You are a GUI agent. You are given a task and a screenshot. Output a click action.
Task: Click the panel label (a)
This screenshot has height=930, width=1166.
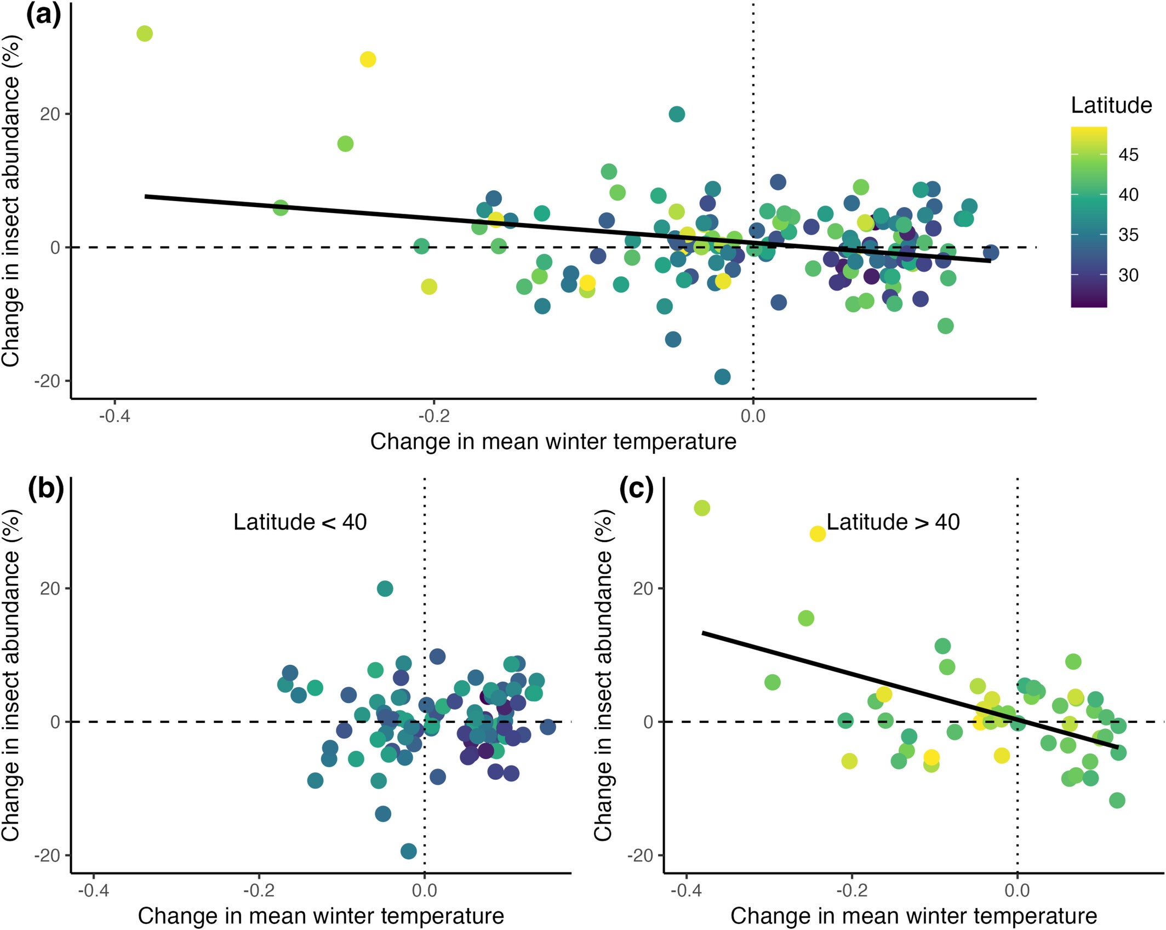coord(43,15)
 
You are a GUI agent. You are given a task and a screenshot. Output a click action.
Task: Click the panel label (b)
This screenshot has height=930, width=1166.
coord(46,488)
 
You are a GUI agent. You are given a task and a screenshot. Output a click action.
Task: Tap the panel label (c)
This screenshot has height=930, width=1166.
coord(637,488)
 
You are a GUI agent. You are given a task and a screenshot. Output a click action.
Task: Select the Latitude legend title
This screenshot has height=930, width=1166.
coord(1111,105)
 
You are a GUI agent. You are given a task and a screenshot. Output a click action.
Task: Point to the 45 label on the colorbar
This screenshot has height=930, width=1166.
coord(1128,155)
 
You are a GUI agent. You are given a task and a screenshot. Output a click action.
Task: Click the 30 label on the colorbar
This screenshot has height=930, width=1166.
coord(1128,275)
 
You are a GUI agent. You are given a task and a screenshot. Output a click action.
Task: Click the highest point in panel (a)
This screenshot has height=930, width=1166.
coord(144,33)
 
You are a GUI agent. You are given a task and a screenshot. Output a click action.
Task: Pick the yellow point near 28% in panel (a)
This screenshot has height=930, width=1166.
coord(368,59)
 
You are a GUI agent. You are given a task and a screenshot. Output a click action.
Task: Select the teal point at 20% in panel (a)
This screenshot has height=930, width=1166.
coord(677,114)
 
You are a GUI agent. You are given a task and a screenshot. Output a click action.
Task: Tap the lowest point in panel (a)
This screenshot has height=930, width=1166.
coord(722,376)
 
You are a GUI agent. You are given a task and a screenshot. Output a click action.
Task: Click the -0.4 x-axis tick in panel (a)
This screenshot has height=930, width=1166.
coord(115,416)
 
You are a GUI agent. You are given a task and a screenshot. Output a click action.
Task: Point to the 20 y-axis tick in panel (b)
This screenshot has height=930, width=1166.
coord(50,589)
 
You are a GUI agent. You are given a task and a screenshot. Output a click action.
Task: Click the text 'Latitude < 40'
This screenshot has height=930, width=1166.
coord(300,522)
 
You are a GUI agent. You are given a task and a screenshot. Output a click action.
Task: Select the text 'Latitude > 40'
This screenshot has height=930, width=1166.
coord(893,522)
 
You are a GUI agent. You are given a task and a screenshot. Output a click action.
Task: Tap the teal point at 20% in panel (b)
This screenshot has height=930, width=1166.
coord(385,589)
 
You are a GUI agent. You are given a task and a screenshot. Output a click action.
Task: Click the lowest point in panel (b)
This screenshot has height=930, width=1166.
coord(408,851)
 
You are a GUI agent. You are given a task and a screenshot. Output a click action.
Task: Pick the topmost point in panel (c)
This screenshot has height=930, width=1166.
coord(702,508)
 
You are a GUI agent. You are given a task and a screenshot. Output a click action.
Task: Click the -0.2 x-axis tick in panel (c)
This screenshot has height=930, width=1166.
coord(851,890)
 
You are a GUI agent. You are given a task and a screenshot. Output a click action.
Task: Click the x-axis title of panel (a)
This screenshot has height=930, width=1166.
coord(553,442)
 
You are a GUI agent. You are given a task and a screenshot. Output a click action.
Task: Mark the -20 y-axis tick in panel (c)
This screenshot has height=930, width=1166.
coord(640,855)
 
